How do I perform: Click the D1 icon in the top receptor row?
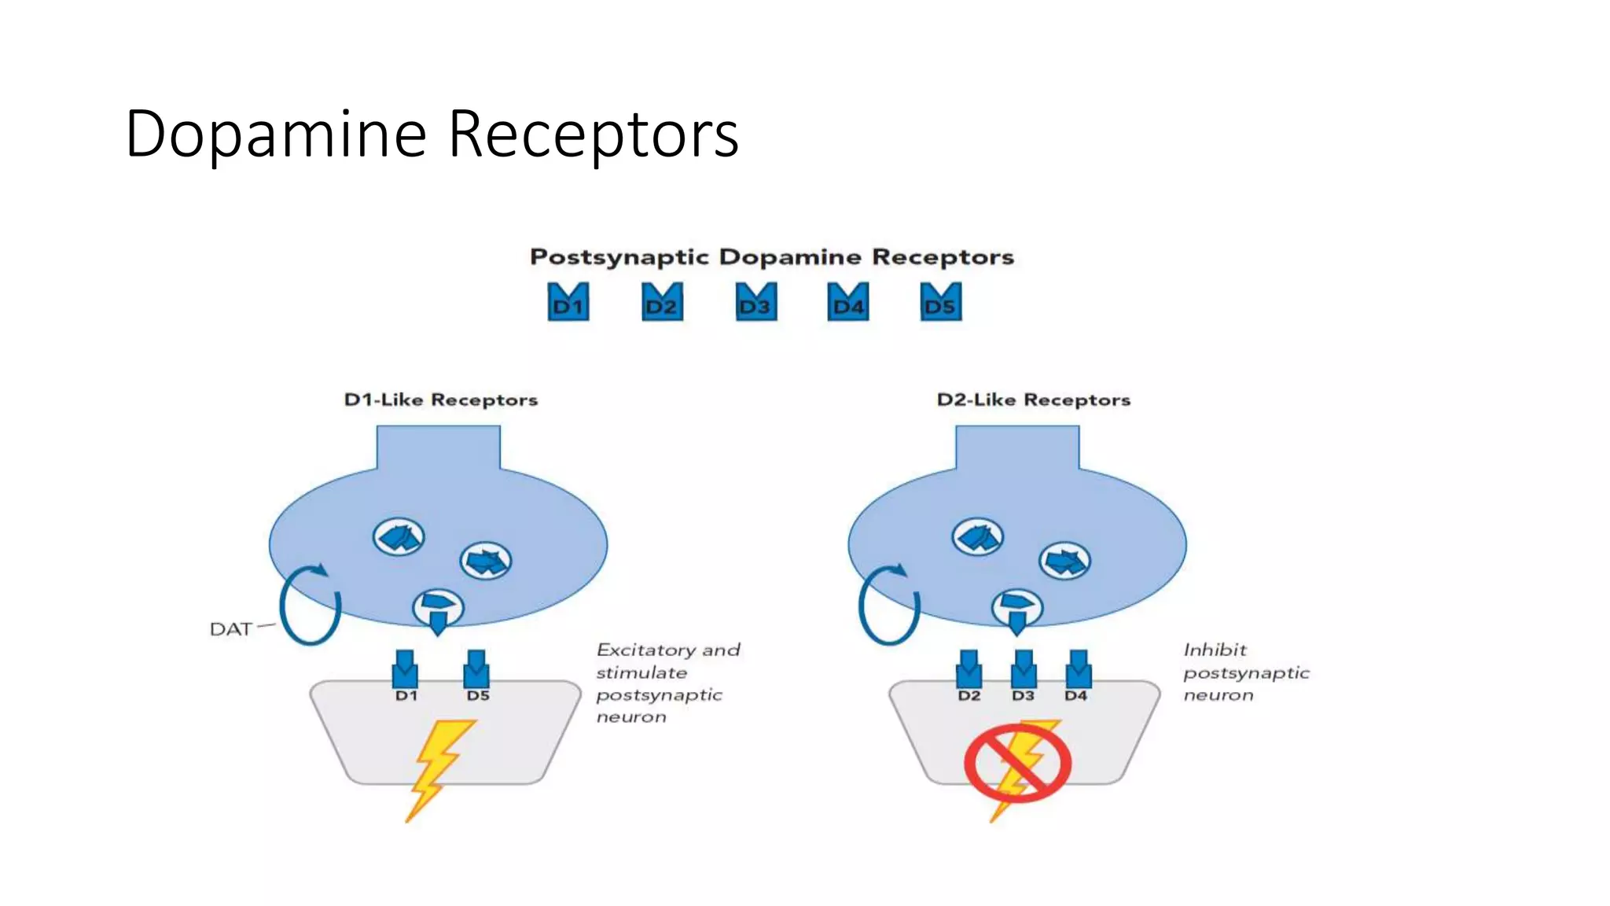[568, 302]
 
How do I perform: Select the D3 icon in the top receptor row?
[756, 302]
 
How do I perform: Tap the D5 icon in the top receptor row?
[940, 302]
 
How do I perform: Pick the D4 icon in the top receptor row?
[848, 302]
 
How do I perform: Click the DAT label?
[230, 629]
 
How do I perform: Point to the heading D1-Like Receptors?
[440, 400]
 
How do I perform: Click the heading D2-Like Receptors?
[1033, 400]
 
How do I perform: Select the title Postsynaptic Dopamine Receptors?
[771, 257]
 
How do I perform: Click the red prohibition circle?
[1017, 763]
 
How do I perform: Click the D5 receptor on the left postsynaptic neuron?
[476, 670]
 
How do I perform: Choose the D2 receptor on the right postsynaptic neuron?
[969, 670]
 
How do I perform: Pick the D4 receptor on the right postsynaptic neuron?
[1078, 670]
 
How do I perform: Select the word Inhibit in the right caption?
[1215, 650]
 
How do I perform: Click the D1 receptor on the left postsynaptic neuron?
[405, 670]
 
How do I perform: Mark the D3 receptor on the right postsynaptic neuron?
[1023, 670]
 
